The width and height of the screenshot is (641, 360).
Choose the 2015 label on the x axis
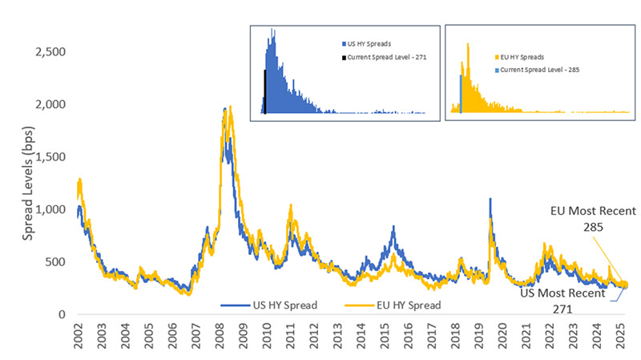[385, 339]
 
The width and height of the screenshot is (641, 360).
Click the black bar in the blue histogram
[264, 92]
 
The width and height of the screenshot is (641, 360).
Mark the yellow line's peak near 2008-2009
[231, 107]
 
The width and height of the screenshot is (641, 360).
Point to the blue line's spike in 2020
[490, 199]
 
